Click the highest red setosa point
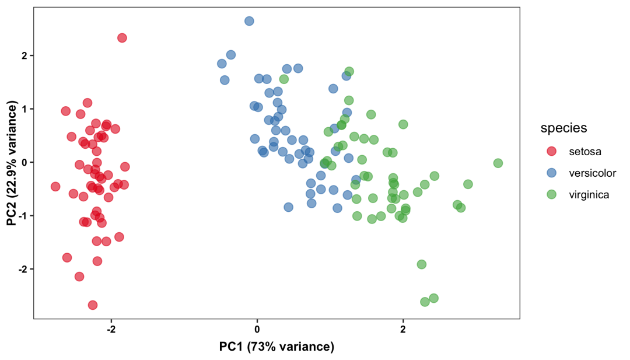coord(122,38)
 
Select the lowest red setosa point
coord(93,305)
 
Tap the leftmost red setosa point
coord(55,187)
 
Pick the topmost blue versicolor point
coord(249,21)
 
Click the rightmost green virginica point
coord(498,163)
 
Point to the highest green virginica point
coord(349,72)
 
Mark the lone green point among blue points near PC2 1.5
coord(284,79)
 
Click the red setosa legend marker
coord(552,151)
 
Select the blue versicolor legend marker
coord(552,173)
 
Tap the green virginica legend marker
coord(552,194)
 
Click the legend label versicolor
coord(592,173)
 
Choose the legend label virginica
coord(589,195)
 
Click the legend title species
coord(563,128)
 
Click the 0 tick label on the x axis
coord(257,328)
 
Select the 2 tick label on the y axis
coord(25,55)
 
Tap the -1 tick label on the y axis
coord(23,216)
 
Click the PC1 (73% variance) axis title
coord(276,347)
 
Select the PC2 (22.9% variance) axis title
coord(12,163)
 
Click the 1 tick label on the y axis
coord(25,109)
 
